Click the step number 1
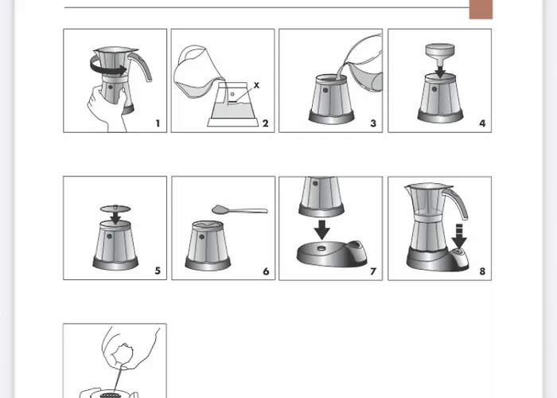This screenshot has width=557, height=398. (158, 123)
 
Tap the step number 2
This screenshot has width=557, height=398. (265, 123)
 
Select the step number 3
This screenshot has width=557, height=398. (373, 123)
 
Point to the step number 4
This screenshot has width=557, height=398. (482, 123)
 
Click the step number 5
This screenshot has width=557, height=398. (158, 271)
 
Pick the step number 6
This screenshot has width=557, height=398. (266, 271)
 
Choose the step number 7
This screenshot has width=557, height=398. (373, 271)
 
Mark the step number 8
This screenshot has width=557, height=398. (482, 271)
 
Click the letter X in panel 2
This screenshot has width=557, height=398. (256, 85)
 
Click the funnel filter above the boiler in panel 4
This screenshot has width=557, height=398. (440, 53)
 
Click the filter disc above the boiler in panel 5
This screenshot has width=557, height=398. (115, 209)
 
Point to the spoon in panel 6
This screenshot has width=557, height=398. (239, 209)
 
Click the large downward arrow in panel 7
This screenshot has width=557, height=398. (322, 230)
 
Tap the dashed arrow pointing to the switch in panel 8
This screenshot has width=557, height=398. (459, 236)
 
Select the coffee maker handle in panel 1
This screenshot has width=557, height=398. (142, 65)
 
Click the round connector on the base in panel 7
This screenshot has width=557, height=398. (321, 248)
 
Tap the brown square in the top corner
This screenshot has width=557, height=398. (481, 10)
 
